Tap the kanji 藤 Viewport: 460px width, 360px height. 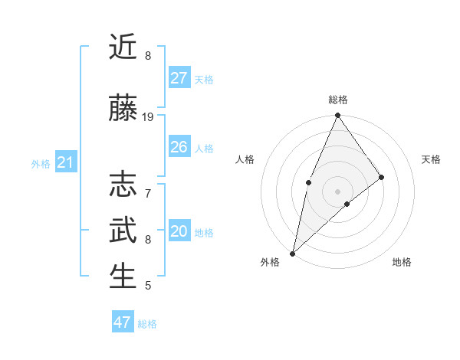click(x=123, y=109)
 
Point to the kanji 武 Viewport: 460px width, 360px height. click(x=123, y=231)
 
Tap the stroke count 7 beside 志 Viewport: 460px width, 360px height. click(x=148, y=186)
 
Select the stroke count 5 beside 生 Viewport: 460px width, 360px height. click(x=148, y=286)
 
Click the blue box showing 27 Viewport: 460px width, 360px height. click(x=179, y=77)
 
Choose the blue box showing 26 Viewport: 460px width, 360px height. click(x=179, y=147)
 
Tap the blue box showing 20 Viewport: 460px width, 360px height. click(x=179, y=231)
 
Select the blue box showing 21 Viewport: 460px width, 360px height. click(x=65, y=162)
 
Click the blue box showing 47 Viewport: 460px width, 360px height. click(x=123, y=322)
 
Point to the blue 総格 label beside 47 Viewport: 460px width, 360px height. click(x=147, y=324)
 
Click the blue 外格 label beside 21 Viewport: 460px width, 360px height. click(x=41, y=164)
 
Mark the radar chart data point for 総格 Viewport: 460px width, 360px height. click(x=337, y=116)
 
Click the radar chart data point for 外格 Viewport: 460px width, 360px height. click(x=292, y=253)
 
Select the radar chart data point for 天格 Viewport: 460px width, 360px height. click(x=381, y=177)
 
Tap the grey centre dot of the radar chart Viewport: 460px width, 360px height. click(x=337, y=191)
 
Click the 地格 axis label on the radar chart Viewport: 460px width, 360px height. click(x=402, y=262)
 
